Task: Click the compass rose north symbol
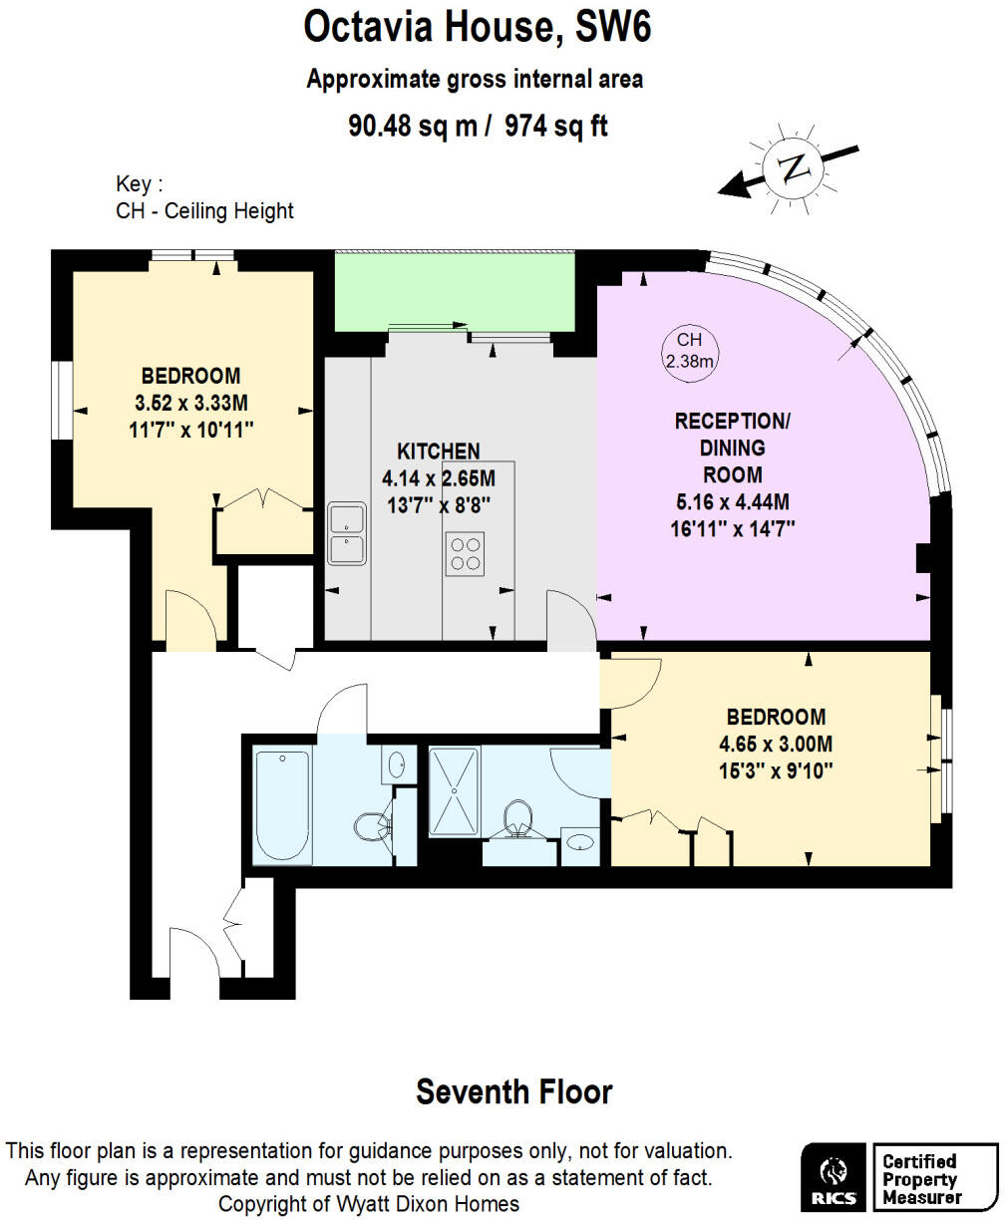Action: (x=794, y=167)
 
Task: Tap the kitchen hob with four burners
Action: (x=465, y=554)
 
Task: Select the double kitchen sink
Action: (x=346, y=534)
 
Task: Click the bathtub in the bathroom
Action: (x=282, y=806)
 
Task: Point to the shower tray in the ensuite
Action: (x=455, y=791)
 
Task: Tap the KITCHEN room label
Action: (x=439, y=452)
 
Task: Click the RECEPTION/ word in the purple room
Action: (x=732, y=421)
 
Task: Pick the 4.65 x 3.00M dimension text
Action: (x=776, y=744)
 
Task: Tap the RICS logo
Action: (x=834, y=1176)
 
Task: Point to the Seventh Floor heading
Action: (x=513, y=1091)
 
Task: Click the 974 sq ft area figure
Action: (x=556, y=127)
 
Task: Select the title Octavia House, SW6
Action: (x=478, y=28)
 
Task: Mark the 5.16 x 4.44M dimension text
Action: (x=732, y=501)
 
